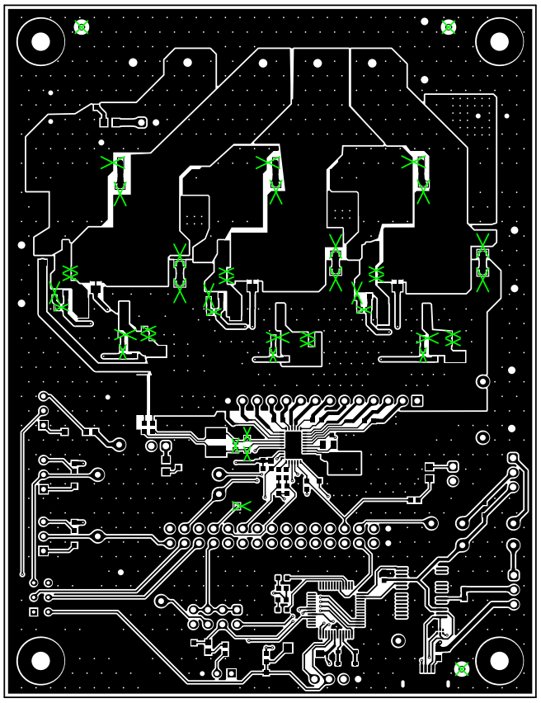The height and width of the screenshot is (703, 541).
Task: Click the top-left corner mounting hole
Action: (x=40, y=41)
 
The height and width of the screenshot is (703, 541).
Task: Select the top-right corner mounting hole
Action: (x=499, y=41)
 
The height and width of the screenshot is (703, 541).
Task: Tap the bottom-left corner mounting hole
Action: (x=40, y=660)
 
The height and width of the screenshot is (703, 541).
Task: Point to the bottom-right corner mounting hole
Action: (x=499, y=660)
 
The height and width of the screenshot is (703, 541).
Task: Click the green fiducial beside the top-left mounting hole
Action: (x=81, y=27)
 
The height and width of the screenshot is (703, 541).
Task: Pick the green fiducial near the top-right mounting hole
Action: (x=449, y=27)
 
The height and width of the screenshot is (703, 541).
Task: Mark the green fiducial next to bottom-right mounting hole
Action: (x=462, y=669)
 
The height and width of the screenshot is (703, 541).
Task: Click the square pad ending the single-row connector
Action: (x=417, y=401)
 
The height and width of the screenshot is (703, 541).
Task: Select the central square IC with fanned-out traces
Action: (x=295, y=441)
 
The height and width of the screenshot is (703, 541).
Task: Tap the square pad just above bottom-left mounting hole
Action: (x=34, y=611)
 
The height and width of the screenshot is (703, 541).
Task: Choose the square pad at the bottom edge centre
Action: (x=232, y=674)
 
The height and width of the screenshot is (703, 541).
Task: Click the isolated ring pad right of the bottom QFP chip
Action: (x=398, y=640)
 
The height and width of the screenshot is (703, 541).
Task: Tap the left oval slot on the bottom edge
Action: (x=403, y=684)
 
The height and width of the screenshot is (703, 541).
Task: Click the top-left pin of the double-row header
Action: (x=170, y=528)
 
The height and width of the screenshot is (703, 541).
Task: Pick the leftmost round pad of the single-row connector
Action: (x=242, y=401)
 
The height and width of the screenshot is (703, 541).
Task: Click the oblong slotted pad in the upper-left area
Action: (x=129, y=123)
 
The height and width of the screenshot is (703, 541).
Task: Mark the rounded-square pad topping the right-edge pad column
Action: (x=513, y=458)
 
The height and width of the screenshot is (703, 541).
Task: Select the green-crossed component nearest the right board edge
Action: (x=482, y=262)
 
